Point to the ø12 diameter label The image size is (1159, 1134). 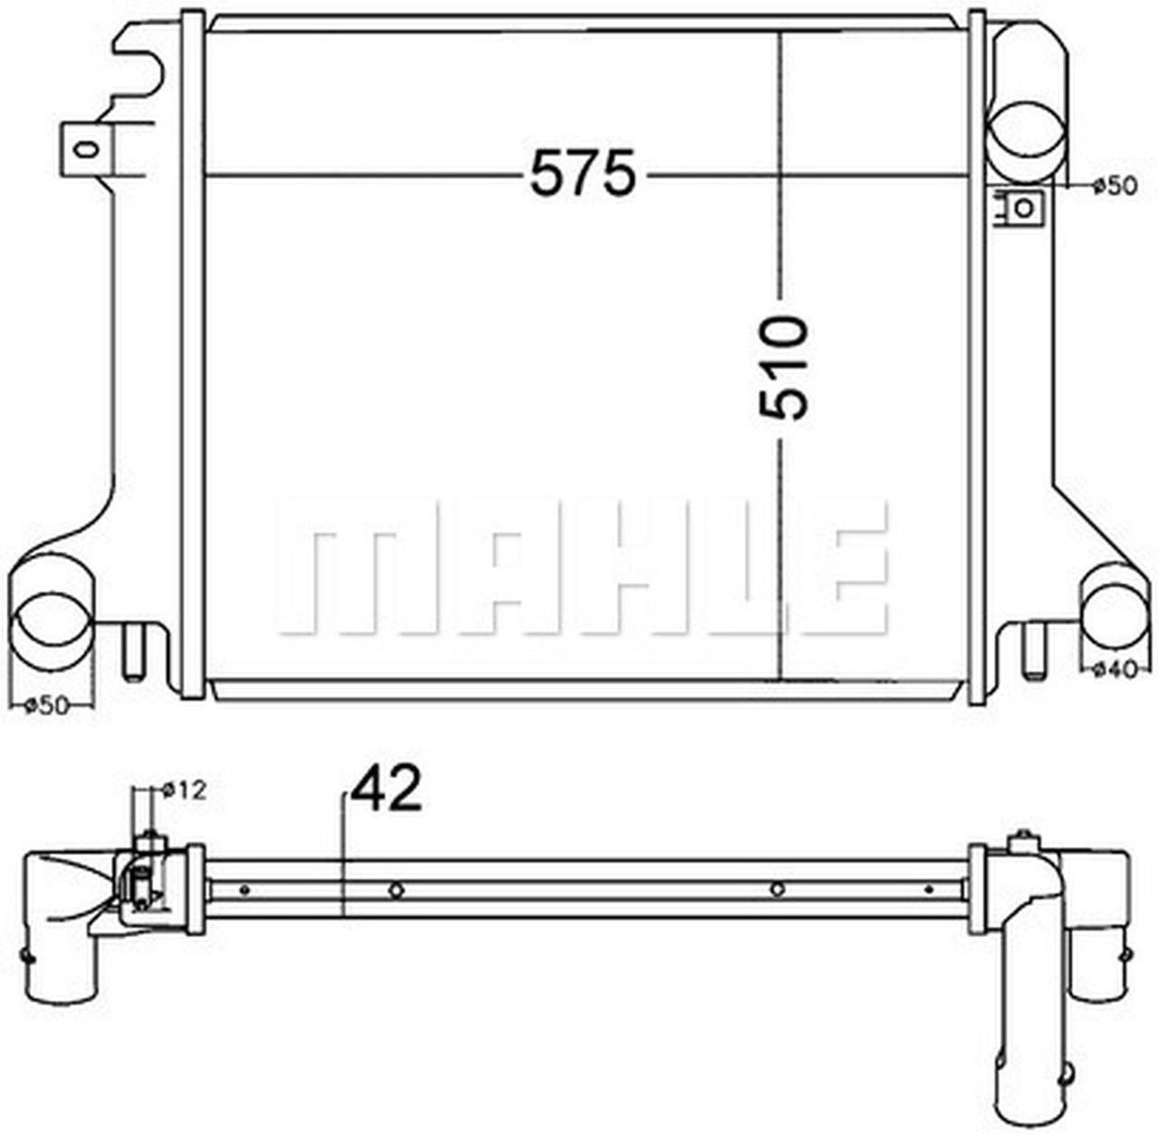coord(185,790)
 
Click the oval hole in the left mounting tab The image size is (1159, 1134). coord(86,148)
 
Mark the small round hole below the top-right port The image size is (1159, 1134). coord(1025,207)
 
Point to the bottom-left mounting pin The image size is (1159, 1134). coord(133,652)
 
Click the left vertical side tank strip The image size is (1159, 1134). coord(192,353)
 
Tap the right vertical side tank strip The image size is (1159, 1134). coord(979,353)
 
